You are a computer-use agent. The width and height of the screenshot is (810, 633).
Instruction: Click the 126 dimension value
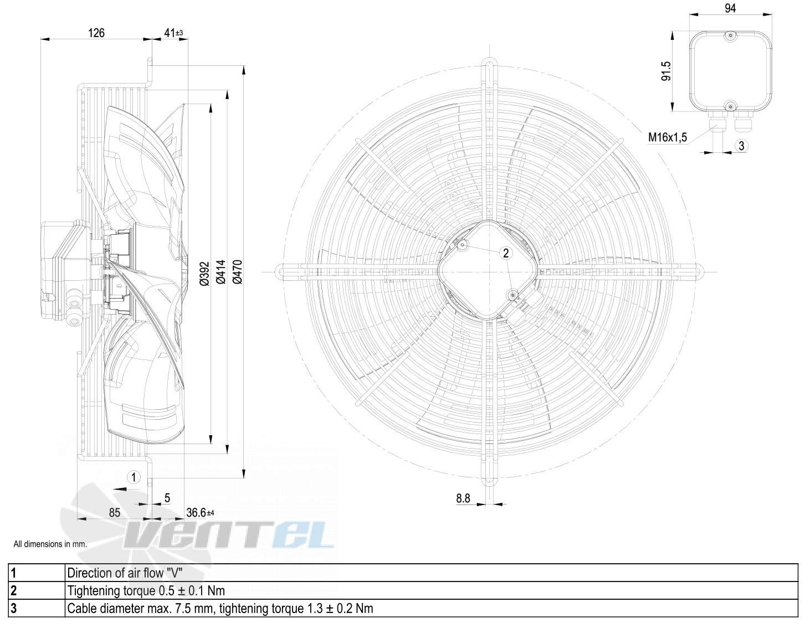point(96,33)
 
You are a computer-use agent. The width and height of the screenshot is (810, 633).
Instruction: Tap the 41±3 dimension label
point(174,33)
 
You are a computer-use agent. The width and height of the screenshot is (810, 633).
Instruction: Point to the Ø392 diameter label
point(204,274)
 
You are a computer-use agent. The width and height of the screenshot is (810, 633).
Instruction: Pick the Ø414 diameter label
point(221,272)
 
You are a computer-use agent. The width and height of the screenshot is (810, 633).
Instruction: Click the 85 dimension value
point(115,513)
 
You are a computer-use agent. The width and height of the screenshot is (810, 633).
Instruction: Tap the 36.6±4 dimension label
point(200,513)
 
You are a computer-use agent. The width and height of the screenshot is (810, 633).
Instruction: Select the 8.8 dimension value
point(463,498)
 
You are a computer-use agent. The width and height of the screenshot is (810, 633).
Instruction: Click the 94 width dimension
point(730,8)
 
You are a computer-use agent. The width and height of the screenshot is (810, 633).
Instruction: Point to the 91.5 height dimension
point(666,71)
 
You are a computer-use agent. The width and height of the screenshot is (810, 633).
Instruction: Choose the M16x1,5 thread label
point(667,137)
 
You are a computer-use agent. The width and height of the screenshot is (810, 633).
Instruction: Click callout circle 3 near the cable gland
point(741,146)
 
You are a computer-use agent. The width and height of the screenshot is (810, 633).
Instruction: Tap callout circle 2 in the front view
point(506,253)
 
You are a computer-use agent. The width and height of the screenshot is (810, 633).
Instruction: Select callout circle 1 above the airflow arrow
point(134,477)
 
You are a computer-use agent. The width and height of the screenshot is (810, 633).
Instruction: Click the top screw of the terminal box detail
point(731,36)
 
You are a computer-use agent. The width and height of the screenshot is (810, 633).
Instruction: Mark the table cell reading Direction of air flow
point(125,573)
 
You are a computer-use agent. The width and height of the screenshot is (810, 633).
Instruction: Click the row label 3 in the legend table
point(14,609)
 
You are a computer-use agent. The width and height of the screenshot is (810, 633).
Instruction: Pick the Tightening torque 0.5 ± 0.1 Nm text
point(146,590)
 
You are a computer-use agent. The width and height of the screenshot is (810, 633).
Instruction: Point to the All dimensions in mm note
point(50,544)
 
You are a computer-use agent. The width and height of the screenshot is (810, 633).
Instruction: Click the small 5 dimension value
point(167,498)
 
